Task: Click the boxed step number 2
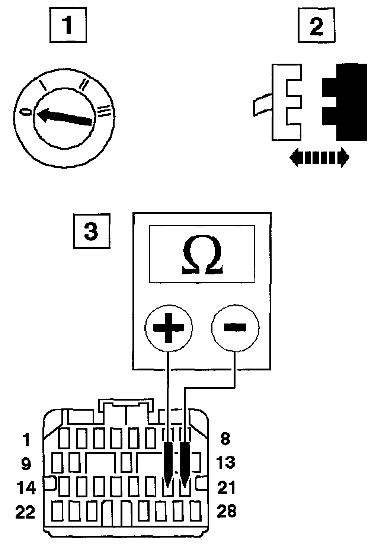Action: [316, 26]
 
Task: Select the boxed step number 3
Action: [91, 231]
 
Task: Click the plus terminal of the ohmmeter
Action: [169, 327]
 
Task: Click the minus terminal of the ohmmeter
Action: [235, 327]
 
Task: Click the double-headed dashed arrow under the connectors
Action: [319, 158]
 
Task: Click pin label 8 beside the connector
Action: [225, 439]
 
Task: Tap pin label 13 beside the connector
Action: [225, 462]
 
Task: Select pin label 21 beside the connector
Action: [226, 487]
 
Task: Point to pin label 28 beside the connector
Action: [226, 511]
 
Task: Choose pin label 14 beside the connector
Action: [26, 488]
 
